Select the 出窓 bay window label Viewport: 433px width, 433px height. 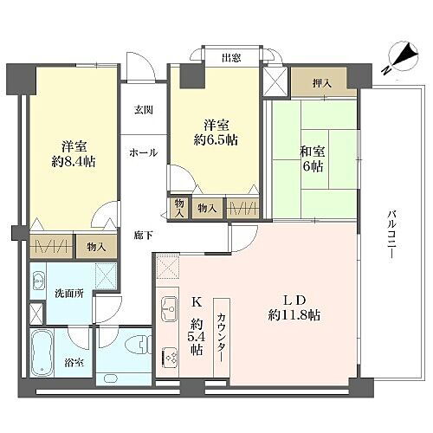point(230,59)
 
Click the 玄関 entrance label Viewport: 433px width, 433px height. point(143,110)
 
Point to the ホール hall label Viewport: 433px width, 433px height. point(143,153)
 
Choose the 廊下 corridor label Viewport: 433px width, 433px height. point(144,234)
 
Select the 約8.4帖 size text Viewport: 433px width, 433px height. point(73,160)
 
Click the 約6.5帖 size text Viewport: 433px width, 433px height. point(216,140)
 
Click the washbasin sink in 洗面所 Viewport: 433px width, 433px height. point(40,282)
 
